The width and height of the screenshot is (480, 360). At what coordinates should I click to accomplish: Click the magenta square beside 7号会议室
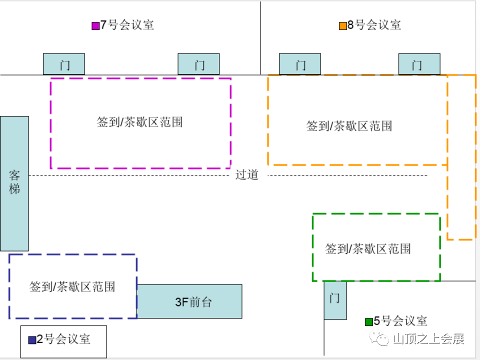(x=95, y=26)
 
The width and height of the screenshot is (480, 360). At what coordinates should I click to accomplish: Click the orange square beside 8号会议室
(x=342, y=26)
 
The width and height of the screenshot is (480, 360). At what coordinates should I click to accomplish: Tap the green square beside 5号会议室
(x=368, y=321)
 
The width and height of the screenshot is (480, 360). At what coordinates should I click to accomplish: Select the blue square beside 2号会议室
(x=32, y=340)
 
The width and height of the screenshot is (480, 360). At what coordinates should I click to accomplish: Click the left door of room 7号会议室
(x=64, y=64)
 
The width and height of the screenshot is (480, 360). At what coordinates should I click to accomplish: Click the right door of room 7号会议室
(x=199, y=64)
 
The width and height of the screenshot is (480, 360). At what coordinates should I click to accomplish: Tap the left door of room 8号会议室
(x=300, y=64)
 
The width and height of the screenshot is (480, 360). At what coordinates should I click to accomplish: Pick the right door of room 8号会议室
(x=419, y=64)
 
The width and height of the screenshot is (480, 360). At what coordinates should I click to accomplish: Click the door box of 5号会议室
(x=335, y=300)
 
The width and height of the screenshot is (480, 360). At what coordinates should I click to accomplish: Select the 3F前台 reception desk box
(x=190, y=301)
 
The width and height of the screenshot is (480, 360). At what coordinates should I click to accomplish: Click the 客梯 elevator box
(x=14, y=183)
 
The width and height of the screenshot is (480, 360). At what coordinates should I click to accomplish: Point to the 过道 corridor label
(x=247, y=175)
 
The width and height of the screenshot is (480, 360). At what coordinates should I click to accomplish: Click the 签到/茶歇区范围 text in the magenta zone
(x=139, y=122)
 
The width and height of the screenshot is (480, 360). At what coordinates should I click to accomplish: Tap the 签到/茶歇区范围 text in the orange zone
(x=349, y=126)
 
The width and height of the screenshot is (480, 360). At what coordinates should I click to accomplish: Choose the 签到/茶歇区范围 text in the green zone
(x=368, y=248)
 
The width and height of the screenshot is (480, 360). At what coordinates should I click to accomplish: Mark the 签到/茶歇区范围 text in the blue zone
(x=72, y=286)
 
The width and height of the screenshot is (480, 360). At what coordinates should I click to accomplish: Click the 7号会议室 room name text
(x=127, y=25)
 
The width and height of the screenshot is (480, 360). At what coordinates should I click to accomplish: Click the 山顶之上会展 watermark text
(x=429, y=339)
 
